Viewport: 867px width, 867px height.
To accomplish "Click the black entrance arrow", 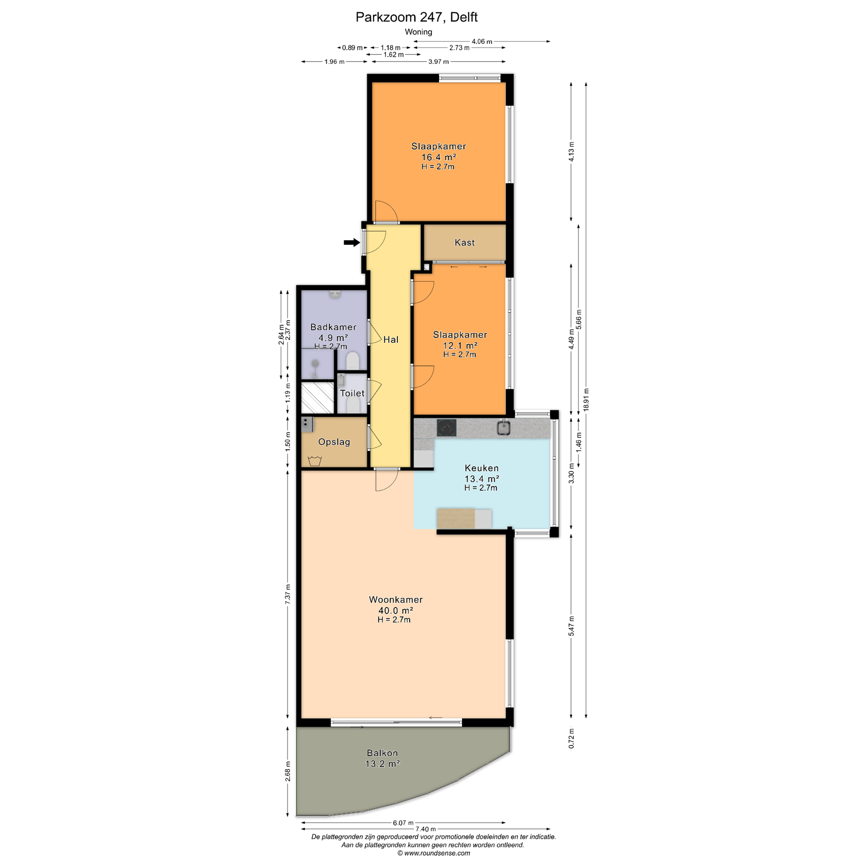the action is (x=352, y=242).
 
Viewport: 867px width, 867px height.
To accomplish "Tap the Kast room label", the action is (x=465, y=242).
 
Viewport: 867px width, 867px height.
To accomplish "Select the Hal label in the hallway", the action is (x=391, y=339).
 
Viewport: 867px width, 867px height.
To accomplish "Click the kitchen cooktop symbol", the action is (x=446, y=428).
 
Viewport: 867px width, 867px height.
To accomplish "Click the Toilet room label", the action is (x=352, y=393).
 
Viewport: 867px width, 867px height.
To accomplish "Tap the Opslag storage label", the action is (x=334, y=442).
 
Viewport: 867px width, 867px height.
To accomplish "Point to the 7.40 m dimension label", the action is (x=425, y=829).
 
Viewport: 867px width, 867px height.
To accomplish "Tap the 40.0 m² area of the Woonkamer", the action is (x=395, y=610).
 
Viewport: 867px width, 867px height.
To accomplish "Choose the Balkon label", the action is (x=382, y=753).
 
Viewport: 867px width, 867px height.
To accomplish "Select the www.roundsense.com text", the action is (x=437, y=853).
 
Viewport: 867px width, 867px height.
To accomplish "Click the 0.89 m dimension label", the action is (x=352, y=48).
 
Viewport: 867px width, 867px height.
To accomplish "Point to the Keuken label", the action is (x=482, y=468).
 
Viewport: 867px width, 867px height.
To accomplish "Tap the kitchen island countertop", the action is (x=464, y=518).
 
